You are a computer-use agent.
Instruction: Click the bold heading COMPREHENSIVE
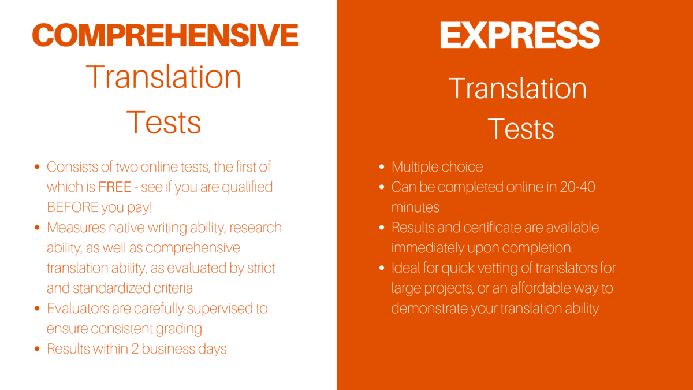pos(165,35)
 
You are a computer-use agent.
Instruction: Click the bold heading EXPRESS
pos(520,35)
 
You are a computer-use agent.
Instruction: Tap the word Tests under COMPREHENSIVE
pos(163,122)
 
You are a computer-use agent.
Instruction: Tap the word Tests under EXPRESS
pos(521,129)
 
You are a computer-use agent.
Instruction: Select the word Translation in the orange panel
pos(517,88)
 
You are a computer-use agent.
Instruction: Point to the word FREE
pos(115,187)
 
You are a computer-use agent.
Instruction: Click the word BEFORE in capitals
pos(73,207)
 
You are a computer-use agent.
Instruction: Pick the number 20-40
pos(577,187)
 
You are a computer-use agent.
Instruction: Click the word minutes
pos(415,207)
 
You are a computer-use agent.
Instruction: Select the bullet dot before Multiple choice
pos(382,167)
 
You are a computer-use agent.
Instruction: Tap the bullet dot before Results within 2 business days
pos(37,349)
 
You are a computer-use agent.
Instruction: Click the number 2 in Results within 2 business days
pos(135,349)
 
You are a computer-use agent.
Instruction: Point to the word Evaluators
pos(78,309)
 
